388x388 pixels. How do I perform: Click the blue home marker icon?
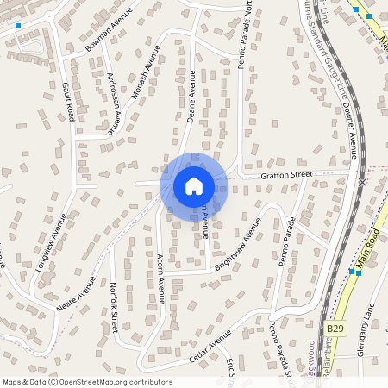click(x=193, y=186)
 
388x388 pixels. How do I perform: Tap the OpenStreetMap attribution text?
click(x=86, y=382)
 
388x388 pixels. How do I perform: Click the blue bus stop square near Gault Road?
click(x=17, y=27)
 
